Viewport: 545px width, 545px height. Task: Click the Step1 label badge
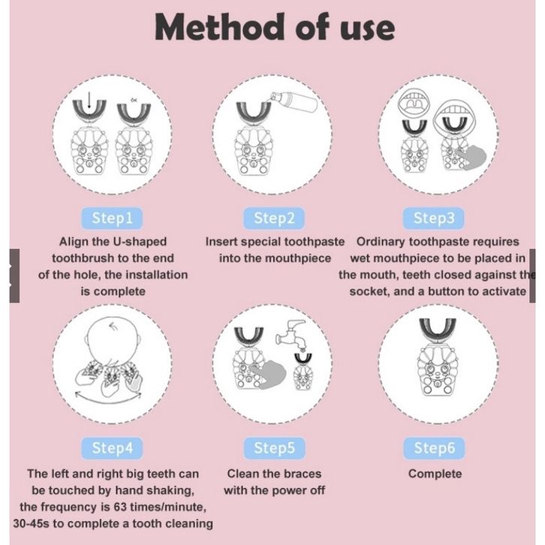click(112, 218)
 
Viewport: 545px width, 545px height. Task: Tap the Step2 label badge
click(274, 218)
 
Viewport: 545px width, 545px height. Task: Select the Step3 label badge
click(433, 218)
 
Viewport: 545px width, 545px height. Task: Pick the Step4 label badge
click(112, 448)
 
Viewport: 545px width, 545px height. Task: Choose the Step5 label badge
click(274, 448)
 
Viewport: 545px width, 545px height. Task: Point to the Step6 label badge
click(434, 448)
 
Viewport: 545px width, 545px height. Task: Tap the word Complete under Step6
click(435, 474)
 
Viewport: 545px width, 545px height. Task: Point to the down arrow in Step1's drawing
click(89, 100)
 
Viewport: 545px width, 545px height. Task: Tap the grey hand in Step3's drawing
click(471, 158)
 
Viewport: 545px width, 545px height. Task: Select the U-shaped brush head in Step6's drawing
click(437, 330)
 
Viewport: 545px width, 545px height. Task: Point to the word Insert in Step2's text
click(221, 242)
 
